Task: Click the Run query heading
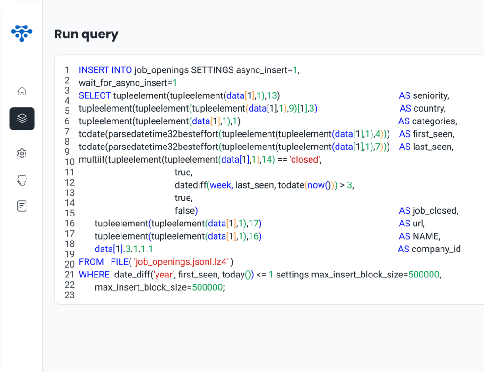(x=86, y=34)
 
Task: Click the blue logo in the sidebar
(x=22, y=33)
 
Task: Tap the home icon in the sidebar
(x=22, y=91)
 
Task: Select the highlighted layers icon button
(x=22, y=119)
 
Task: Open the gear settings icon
(x=22, y=153)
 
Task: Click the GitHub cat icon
(x=22, y=180)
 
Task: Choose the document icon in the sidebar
(x=22, y=206)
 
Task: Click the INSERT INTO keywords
(x=105, y=70)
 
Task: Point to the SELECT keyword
(x=95, y=95)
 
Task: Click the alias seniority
(x=431, y=95)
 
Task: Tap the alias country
(x=429, y=108)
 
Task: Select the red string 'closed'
(x=305, y=159)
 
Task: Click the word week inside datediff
(x=220, y=185)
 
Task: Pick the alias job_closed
(x=435, y=210)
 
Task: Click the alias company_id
(x=436, y=249)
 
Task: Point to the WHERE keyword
(x=94, y=274)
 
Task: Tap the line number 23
(x=69, y=294)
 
